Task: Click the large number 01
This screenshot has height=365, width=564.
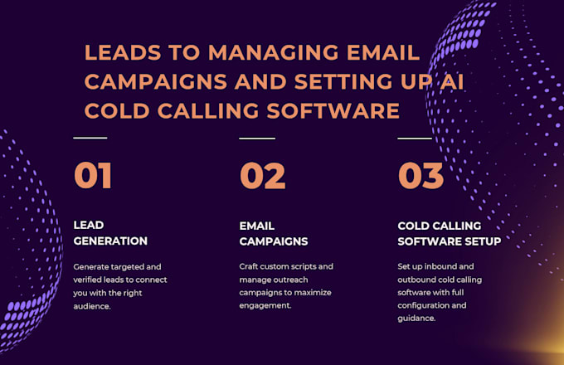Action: [x=93, y=175]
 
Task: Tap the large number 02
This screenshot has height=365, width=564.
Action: [x=263, y=176]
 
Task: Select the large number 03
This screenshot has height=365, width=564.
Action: [x=421, y=176]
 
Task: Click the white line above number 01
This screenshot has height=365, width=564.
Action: [x=90, y=138]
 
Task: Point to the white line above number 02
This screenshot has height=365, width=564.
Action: [x=257, y=138]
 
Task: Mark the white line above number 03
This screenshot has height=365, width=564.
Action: [x=415, y=138]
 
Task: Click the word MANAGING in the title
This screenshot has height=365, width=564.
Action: [x=274, y=52]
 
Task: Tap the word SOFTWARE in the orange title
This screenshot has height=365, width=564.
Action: [x=333, y=111]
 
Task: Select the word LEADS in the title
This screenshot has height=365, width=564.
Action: [x=123, y=52]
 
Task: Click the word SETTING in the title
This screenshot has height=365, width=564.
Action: [x=343, y=81]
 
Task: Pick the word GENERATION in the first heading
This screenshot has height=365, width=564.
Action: [x=110, y=241]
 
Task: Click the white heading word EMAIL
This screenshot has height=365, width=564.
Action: [x=257, y=226]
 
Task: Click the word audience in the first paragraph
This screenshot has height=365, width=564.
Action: [x=92, y=306]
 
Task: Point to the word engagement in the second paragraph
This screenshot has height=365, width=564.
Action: [x=265, y=305]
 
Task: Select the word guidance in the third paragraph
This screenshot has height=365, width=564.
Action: [x=416, y=319]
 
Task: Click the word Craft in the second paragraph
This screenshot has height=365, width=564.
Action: [x=249, y=266]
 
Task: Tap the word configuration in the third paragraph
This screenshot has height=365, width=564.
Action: [x=422, y=305]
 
